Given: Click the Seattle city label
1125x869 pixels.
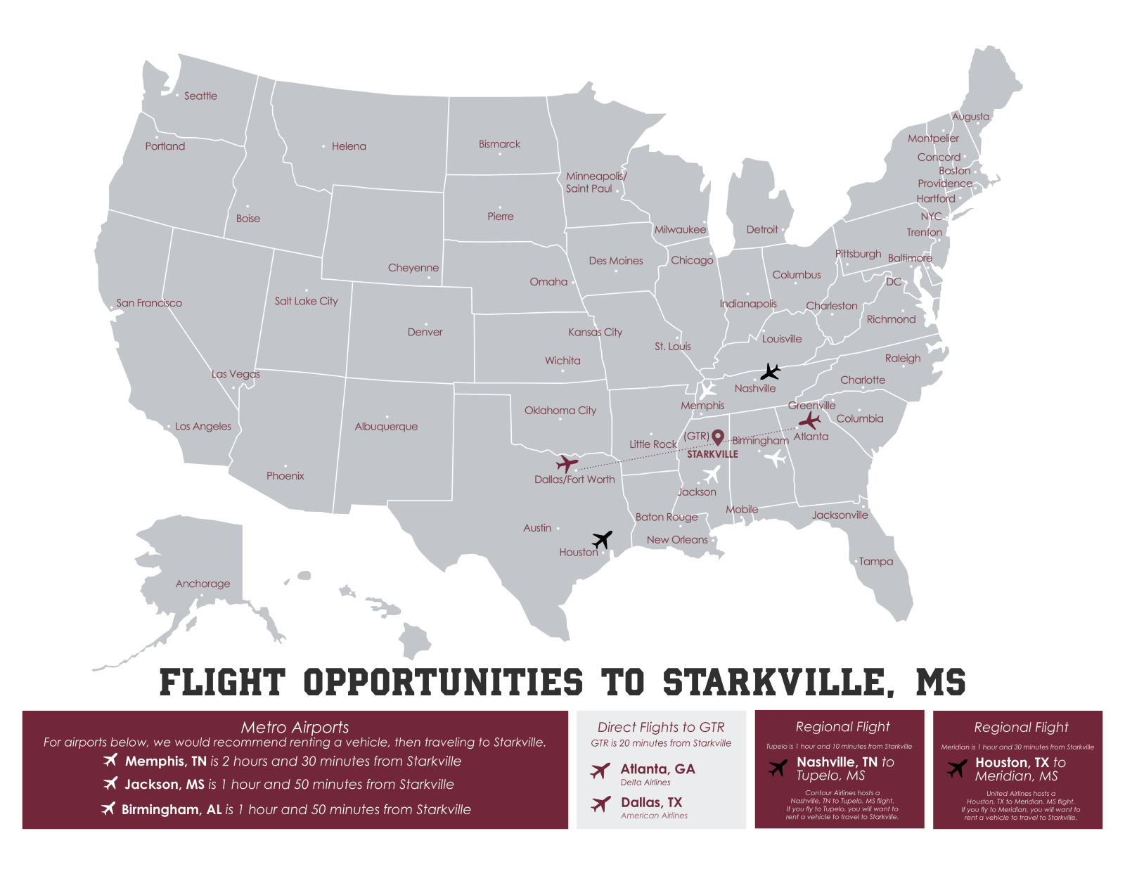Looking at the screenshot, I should (x=200, y=96).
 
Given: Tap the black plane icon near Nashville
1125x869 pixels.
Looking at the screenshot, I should (x=771, y=371).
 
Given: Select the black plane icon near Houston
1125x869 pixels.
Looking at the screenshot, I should (x=603, y=539).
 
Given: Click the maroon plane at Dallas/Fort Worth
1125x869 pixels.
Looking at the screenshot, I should (x=567, y=464).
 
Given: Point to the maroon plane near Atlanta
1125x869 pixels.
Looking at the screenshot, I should (x=809, y=421).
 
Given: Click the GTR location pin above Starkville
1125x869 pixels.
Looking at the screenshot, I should (x=717, y=438).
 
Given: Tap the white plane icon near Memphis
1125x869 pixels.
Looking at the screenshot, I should (x=707, y=390).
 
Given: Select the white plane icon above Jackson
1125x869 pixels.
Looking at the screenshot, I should (x=712, y=474).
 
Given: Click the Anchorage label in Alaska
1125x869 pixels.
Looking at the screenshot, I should (x=202, y=584).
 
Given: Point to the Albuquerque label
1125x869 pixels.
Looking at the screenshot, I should (x=386, y=427).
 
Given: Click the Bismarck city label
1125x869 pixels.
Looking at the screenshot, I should (x=499, y=144).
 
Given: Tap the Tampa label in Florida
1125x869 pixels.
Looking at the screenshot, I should (x=875, y=562).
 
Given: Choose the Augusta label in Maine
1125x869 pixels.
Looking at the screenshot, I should (x=970, y=117).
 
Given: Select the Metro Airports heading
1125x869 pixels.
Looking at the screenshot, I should (x=295, y=728).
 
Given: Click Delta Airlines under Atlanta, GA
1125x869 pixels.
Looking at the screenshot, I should (x=645, y=783).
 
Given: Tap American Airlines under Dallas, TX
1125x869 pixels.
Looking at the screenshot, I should (x=654, y=816).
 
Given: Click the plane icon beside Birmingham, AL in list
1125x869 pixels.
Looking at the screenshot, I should (x=108, y=809).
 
